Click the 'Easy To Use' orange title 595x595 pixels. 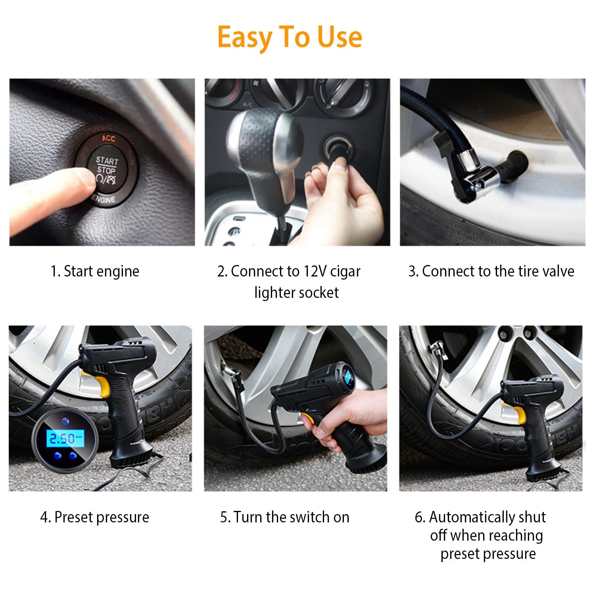tap(290, 37)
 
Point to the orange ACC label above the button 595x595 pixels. tap(108, 138)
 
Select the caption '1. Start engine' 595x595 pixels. tap(95, 272)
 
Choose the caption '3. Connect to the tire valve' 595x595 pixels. tap(491, 272)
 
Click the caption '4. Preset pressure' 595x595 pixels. tap(95, 517)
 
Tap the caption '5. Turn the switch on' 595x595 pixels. tap(284, 517)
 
